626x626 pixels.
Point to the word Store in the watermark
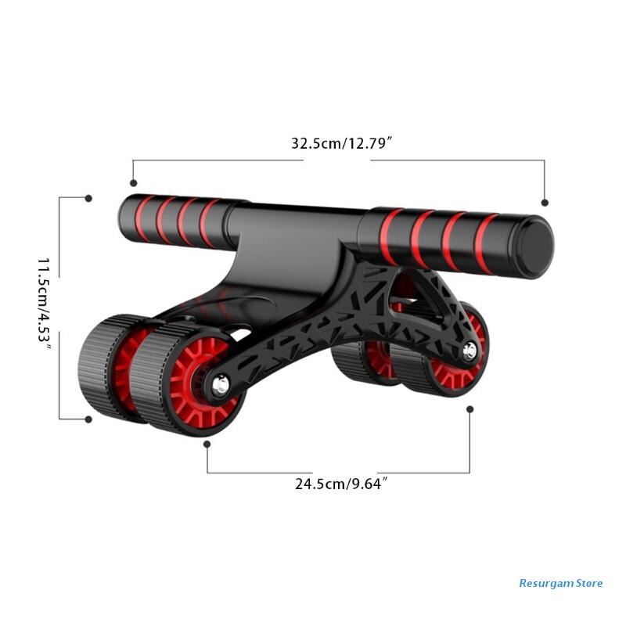(589, 583)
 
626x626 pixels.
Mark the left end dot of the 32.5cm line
(133, 180)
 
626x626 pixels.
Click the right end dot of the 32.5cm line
(545, 202)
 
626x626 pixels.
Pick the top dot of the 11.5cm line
(88, 199)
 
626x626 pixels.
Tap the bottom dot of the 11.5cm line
(88, 419)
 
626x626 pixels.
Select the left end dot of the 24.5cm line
(207, 444)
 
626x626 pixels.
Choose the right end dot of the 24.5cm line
(470, 408)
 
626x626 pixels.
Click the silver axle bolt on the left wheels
(219, 384)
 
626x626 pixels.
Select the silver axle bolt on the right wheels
(470, 351)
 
